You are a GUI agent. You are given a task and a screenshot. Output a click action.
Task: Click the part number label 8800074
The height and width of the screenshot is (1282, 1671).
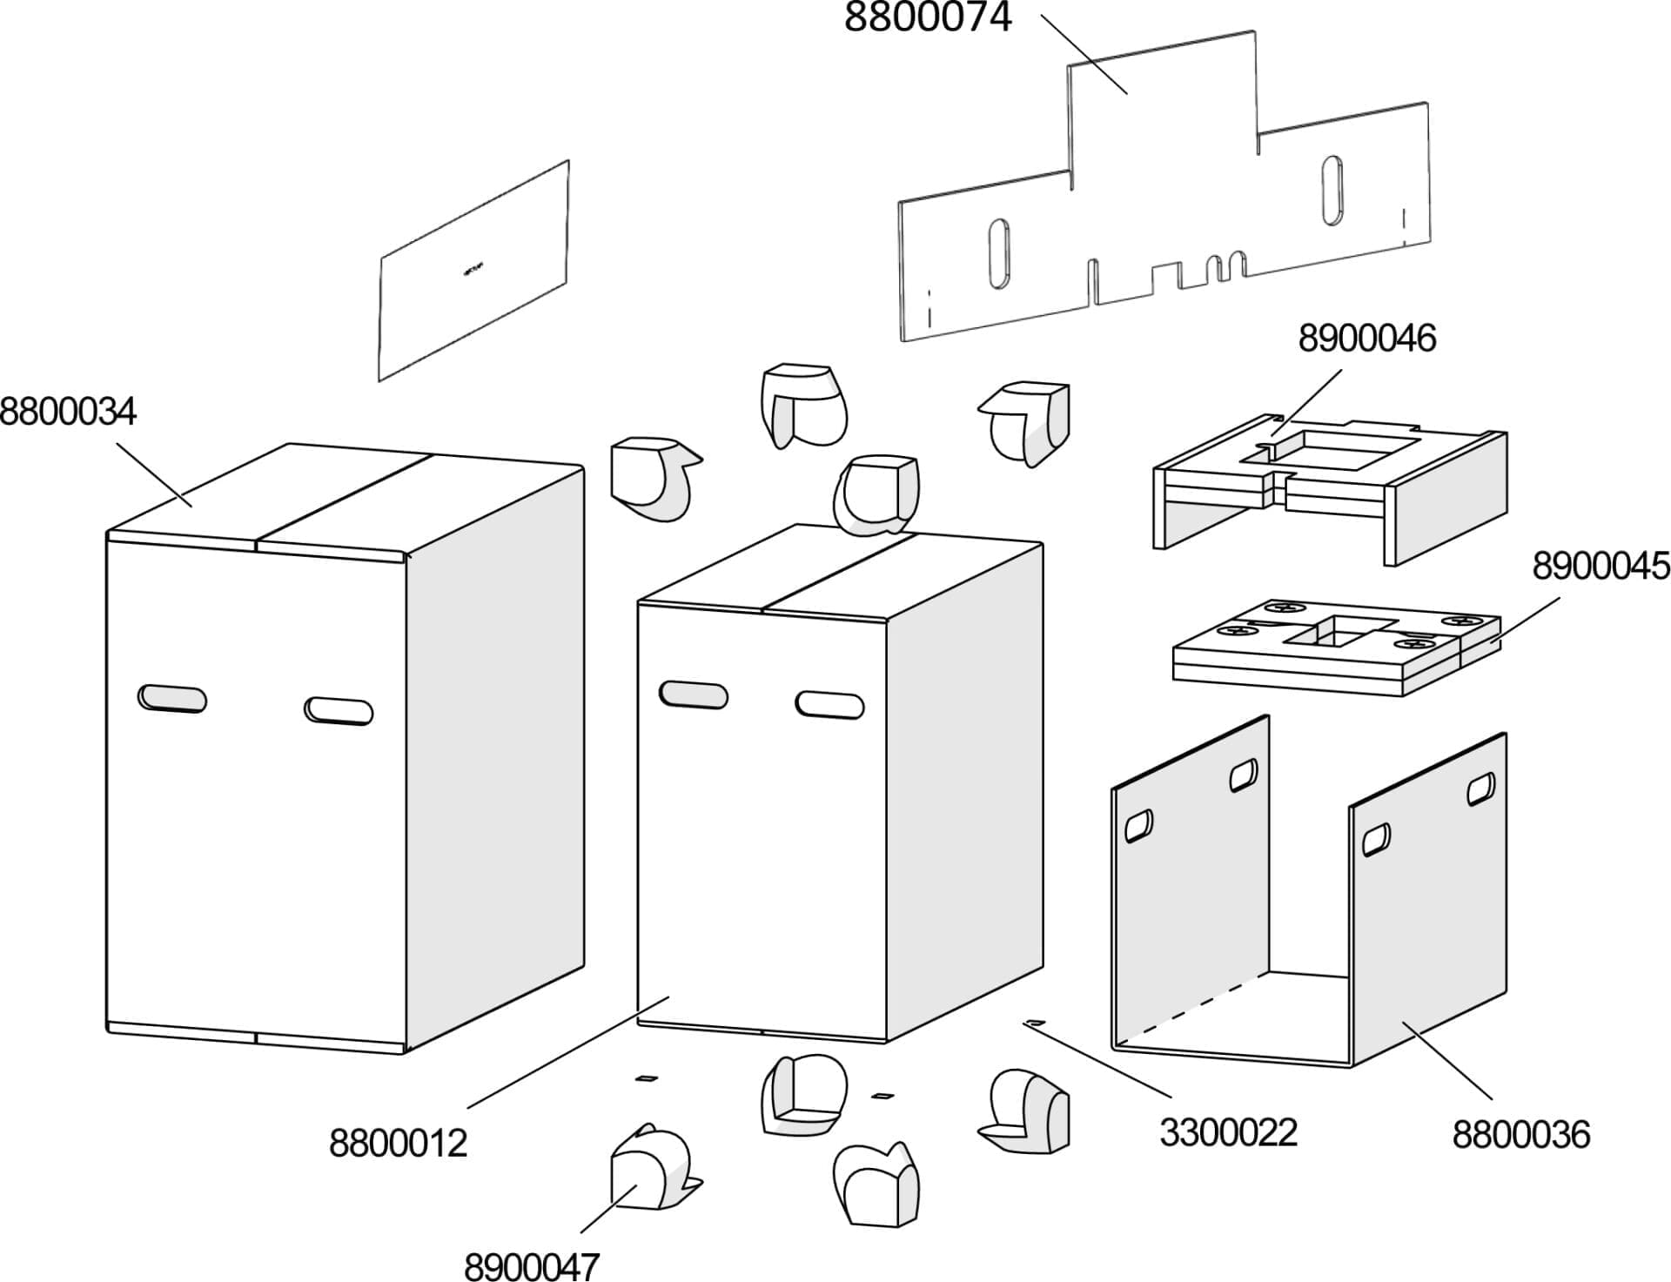coord(927,17)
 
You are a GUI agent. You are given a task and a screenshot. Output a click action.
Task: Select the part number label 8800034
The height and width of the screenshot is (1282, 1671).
coord(68,412)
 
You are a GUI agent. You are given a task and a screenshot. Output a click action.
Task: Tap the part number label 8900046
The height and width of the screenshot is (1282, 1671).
coord(1366,339)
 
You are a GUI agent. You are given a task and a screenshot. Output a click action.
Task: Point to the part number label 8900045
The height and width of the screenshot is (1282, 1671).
coord(1601,567)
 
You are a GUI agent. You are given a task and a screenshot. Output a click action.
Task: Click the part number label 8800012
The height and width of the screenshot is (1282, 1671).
coord(398,1143)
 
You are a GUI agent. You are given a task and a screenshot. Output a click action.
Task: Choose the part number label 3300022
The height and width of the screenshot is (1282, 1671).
coord(1228,1132)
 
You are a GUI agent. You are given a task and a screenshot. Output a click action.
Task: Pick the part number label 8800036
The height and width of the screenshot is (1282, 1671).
coord(1520,1135)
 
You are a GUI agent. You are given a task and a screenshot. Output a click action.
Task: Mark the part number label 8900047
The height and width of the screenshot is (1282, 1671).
coord(532,1266)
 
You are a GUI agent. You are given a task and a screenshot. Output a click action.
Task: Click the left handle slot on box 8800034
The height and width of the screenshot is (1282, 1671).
coord(172,698)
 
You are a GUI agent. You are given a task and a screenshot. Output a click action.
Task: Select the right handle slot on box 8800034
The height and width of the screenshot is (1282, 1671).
coord(339,710)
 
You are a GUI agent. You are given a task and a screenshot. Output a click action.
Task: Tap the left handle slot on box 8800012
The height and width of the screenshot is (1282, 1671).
coord(694,694)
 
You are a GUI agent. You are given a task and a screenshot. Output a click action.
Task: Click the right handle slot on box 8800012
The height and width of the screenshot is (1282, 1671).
coord(829,704)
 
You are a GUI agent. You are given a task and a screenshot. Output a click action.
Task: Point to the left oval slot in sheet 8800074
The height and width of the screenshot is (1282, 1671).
coord(999,252)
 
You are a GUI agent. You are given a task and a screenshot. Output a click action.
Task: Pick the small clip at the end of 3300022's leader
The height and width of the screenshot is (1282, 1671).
coord(1034,1021)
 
